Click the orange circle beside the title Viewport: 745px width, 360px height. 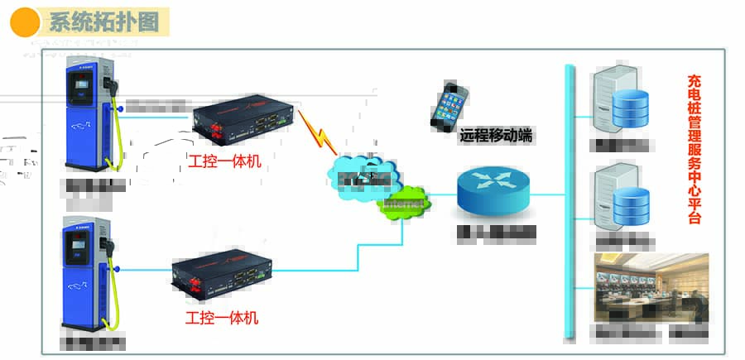click(25, 22)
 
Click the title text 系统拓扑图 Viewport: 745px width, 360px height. click(103, 22)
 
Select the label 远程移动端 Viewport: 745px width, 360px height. click(496, 137)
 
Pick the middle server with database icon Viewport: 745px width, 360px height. click(618, 197)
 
